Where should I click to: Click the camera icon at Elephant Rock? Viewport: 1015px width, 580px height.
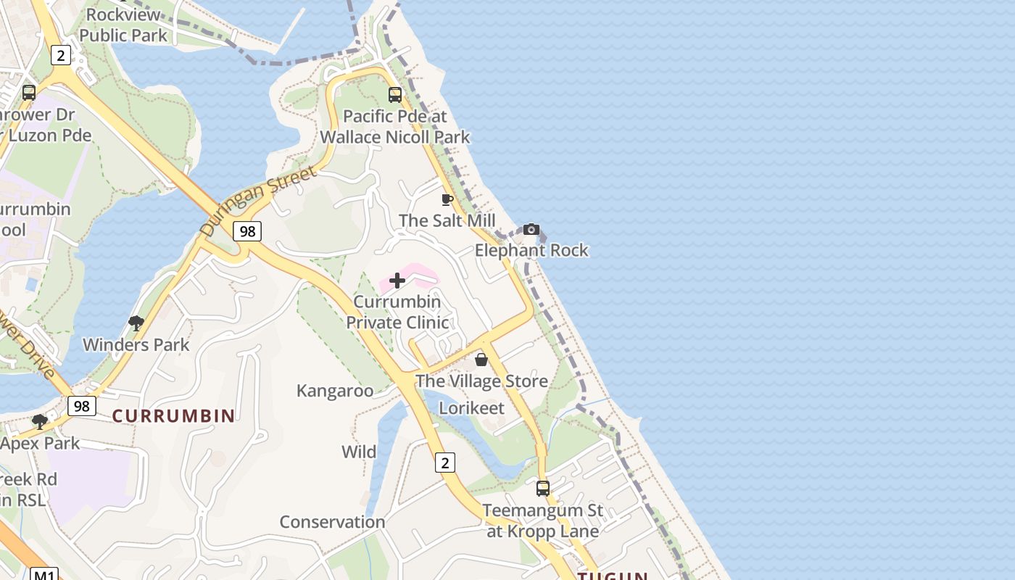[531, 229]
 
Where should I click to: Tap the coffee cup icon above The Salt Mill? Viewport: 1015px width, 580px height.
[447, 199]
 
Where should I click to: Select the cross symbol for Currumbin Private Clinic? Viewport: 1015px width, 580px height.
[397, 281]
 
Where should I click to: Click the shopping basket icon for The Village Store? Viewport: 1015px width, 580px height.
[481, 360]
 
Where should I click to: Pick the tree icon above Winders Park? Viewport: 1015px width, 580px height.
[136, 323]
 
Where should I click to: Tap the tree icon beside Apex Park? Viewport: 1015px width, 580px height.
[40, 421]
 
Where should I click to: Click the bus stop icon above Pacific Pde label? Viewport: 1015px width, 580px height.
[395, 94]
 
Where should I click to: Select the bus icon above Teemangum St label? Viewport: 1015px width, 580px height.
[543, 489]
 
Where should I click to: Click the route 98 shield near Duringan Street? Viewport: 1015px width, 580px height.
[247, 231]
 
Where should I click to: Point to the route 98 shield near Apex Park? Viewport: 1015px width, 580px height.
[82, 405]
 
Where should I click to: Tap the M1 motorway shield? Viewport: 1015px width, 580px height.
[44, 575]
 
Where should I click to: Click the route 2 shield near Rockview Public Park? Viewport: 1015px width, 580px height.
[61, 55]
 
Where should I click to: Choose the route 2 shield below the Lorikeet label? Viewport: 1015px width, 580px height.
[445, 462]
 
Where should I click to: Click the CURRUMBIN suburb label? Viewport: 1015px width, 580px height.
[174, 416]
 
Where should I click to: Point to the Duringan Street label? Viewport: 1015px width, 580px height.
[259, 201]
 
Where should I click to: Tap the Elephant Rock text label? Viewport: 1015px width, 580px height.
[531, 251]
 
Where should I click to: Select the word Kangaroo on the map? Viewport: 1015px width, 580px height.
[335, 391]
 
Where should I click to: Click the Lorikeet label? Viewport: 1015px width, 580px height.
[471, 408]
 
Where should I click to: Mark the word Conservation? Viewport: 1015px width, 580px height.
[332, 522]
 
